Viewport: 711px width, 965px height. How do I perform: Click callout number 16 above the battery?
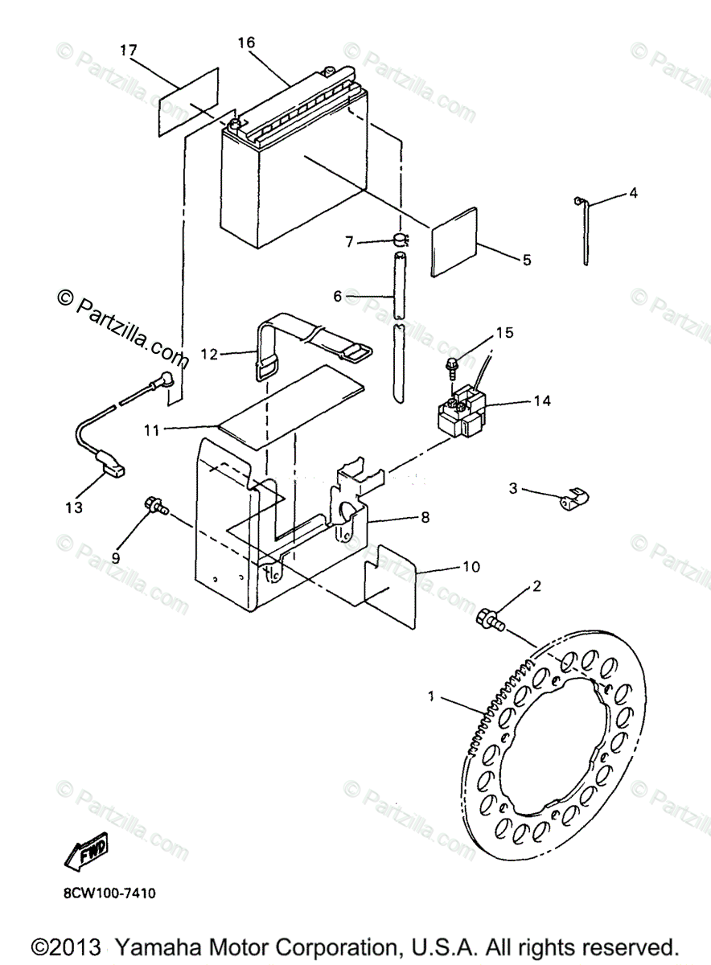pos(246,41)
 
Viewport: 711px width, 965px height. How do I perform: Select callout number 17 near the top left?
pos(129,50)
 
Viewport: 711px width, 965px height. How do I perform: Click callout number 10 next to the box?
pos(471,567)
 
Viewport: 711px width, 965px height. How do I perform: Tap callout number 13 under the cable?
pos(74,507)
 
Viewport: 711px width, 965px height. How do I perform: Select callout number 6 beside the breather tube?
pos(338,297)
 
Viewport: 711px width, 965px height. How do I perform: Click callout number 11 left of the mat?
pos(151,430)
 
